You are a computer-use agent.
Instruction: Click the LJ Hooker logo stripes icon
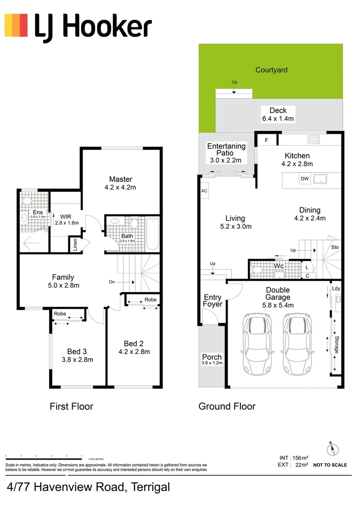(16, 25)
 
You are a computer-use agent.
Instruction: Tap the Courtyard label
(271, 70)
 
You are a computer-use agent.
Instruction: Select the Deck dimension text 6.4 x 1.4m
(278, 119)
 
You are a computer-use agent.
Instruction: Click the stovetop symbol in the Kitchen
(313, 140)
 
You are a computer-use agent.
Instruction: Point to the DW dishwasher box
(304, 179)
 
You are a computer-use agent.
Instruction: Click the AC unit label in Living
(204, 191)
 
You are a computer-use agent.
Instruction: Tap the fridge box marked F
(266, 140)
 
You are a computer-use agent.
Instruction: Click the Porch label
(212, 357)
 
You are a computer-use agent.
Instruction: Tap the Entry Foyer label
(213, 301)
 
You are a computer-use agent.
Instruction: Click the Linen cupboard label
(74, 246)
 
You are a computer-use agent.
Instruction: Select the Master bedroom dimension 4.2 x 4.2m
(121, 188)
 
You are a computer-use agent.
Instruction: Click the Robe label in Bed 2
(150, 299)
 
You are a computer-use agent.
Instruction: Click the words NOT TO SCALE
(330, 465)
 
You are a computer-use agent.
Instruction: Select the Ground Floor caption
(227, 406)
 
